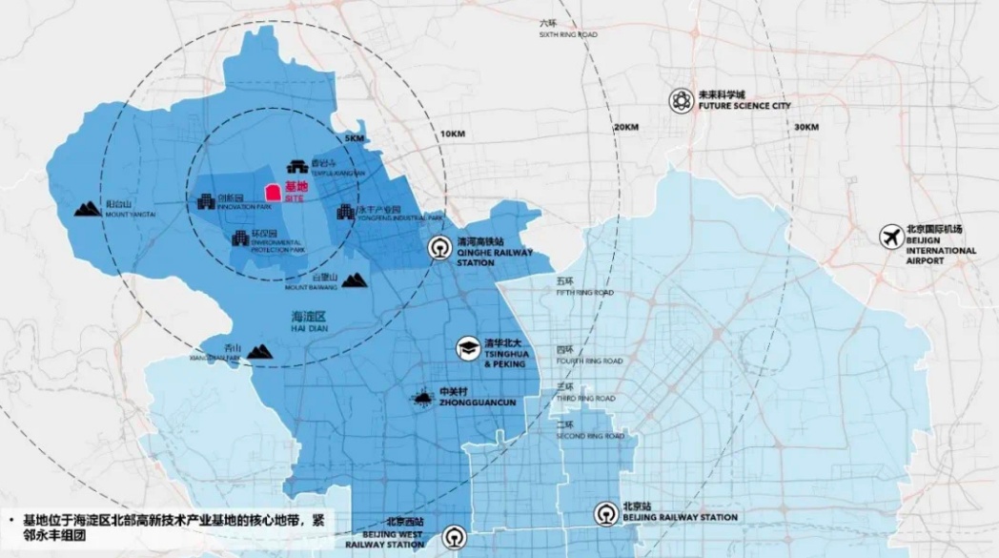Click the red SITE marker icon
(x=272, y=193)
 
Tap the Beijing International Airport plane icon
(x=891, y=237)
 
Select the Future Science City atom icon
(x=680, y=100)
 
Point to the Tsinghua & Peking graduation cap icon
(x=467, y=350)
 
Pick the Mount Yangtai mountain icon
(x=88, y=208)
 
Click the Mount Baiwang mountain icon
(x=354, y=279)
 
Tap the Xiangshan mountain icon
(x=259, y=353)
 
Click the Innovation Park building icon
(x=205, y=200)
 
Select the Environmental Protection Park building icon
(x=240, y=238)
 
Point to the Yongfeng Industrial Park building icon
(x=345, y=211)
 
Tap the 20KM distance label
(x=625, y=128)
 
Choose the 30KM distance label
(x=805, y=128)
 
